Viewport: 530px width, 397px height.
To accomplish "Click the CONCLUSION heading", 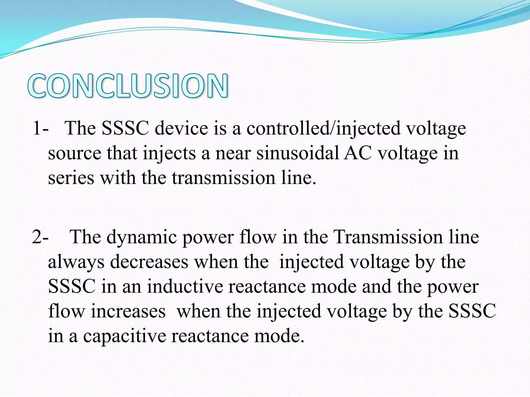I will coord(128,86).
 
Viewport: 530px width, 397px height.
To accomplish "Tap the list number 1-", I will coord(41,128).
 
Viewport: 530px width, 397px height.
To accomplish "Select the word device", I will coord(181,128).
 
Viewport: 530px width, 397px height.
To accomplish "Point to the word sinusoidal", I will coord(298,153).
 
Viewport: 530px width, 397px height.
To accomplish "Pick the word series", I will coord(71,178).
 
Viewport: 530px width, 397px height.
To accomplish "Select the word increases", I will coord(128,311).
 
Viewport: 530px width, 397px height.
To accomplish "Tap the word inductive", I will coord(185,286).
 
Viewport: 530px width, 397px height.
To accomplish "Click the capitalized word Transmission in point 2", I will coord(388,237).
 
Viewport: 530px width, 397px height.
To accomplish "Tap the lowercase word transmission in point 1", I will coord(224,178).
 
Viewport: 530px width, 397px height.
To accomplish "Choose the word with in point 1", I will coord(118,178).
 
